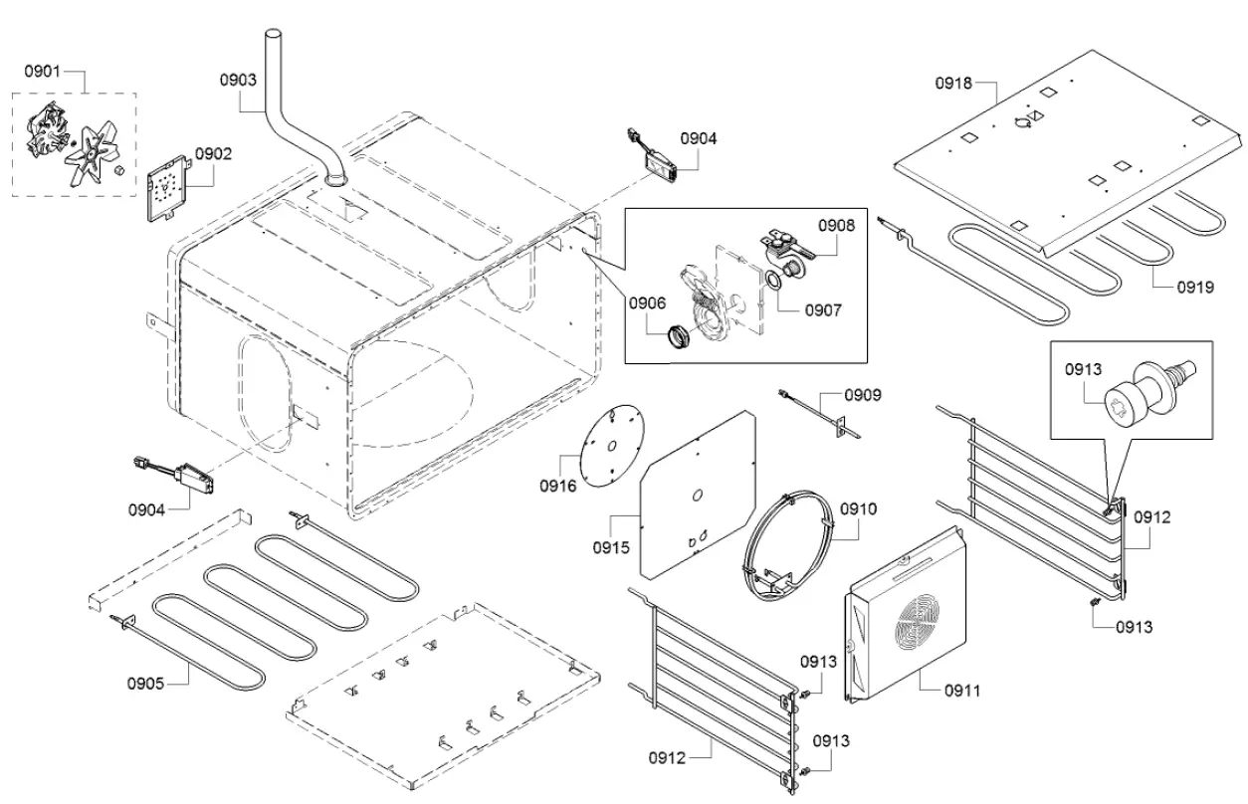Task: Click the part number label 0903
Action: click(239, 78)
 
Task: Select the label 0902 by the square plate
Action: click(213, 153)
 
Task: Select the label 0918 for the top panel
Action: click(953, 84)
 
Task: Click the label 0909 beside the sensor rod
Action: click(862, 394)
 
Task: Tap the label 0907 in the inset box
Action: click(822, 309)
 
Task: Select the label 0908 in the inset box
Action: click(836, 226)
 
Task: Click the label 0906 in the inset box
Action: click(646, 304)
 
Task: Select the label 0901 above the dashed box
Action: click(43, 72)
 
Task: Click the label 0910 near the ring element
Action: click(858, 508)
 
